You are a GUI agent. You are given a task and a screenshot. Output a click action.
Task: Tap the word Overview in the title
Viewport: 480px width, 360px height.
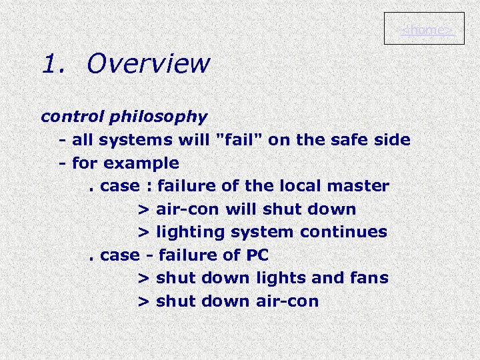(x=148, y=65)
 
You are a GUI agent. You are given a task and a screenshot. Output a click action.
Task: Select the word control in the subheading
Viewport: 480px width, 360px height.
(x=63, y=117)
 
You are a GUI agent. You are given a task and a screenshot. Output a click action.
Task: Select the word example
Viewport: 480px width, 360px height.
(x=147, y=163)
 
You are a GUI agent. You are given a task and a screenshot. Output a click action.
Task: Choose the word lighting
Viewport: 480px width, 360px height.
(x=187, y=233)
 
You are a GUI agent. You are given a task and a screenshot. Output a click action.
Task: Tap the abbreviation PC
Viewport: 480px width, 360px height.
(x=257, y=255)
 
